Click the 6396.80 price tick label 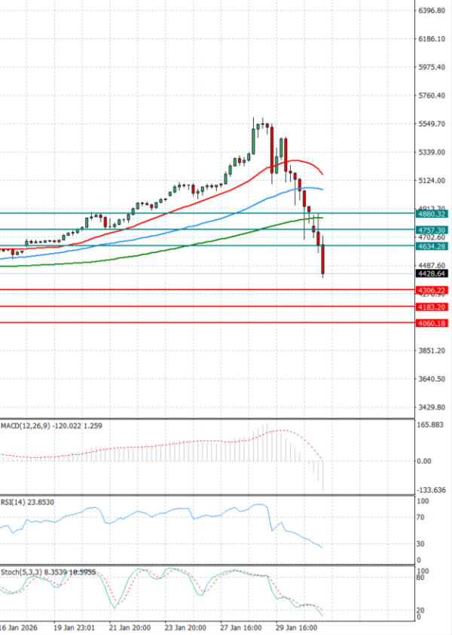[x=432, y=11]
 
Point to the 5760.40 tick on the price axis [x=432, y=96]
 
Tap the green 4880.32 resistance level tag [x=432, y=214]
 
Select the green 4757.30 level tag [x=432, y=230]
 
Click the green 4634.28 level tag [x=432, y=246]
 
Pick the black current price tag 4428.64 [x=432, y=273]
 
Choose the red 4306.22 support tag [x=432, y=290]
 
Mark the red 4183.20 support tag [x=432, y=307]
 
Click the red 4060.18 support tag [x=432, y=323]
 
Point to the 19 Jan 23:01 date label [x=73, y=627]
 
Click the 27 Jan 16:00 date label [x=240, y=627]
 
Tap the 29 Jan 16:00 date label [x=296, y=627]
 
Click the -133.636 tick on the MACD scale [x=432, y=490]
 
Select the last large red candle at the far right [x=322, y=260]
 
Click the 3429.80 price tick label [x=432, y=408]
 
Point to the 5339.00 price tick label [x=432, y=152]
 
